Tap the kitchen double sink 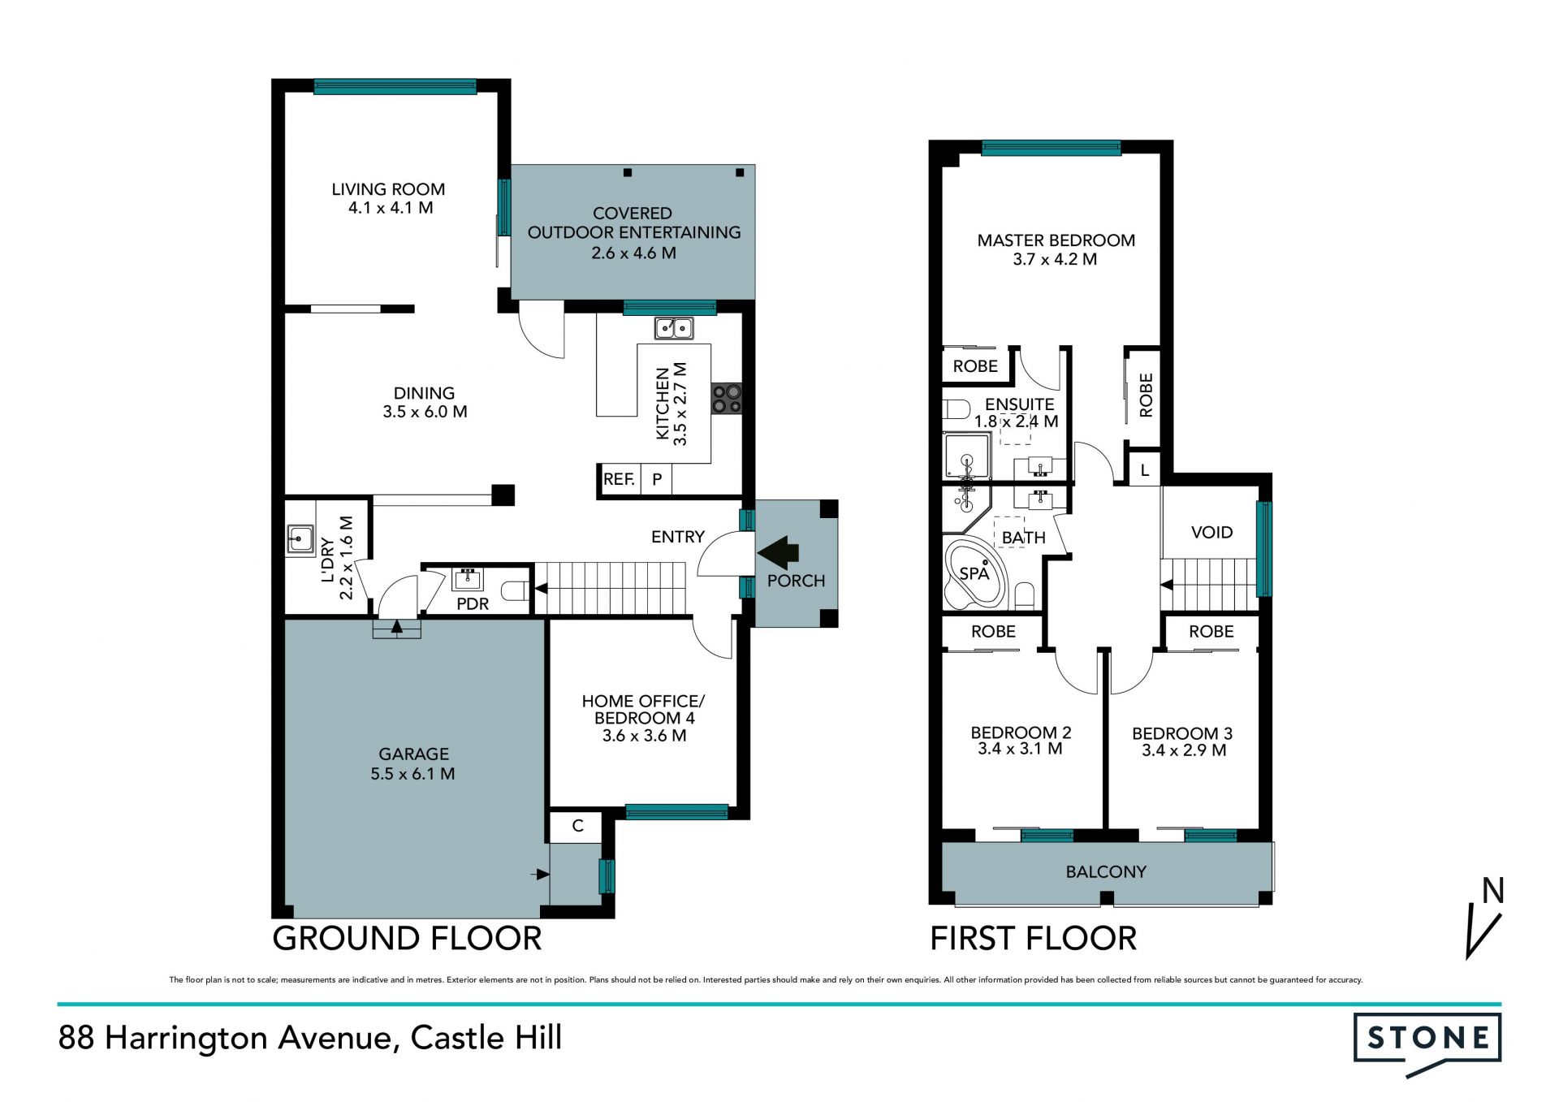coord(674,328)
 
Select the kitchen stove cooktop coord(727,399)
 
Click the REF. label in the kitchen coord(619,479)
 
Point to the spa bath coord(975,573)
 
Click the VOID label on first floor coord(1211,533)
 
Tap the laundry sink coord(300,540)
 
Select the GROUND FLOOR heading coord(407,939)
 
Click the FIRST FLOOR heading coord(1033,939)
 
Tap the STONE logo coord(1427,1040)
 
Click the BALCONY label coord(1106,872)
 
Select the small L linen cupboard coord(1145,470)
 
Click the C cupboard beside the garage coord(577,827)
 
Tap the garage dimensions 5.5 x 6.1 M coord(412,774)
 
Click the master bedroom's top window coord(1052,148)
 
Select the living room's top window coord(395,86)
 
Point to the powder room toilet coord(515,590)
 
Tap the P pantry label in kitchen coord(657,479)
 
